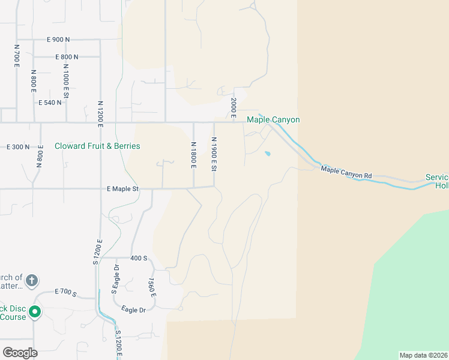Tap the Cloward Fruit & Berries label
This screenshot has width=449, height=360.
pyautogui.click(x=97, y=146)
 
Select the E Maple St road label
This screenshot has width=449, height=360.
pyautogui.click(x=122, y=189)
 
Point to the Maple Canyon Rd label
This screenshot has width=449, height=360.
pyautogui.click(x=346, y=172)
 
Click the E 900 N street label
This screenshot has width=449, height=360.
pyautogui.click(x=58, y=40)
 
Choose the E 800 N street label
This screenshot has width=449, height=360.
pyautogui.click(x=66, y=57)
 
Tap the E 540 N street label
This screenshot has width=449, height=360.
pyautogui.click(x=50, y=103)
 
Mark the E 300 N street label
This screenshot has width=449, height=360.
pyautogui.click(x=18, y=147)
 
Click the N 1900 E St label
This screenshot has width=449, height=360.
pyautogui.click(x=214, y=154)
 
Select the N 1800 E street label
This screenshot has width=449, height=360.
pyautogui.click(x=193, y=155)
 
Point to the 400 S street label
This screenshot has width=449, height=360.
pyautogui.click(x=139, y=258)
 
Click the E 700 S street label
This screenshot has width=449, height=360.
pyautogui.click(x=65, y=292)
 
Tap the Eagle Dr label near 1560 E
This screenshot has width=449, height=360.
pyautogui.click(x=134, y=310)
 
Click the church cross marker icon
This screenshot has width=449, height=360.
pyautogui.click(x=32, y=280)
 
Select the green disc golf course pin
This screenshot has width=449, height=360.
pyautogui.click(x=35, y=311)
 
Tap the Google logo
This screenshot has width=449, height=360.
pyautogui.click(x=20, y=353)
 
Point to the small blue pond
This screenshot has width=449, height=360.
pyautogui.click(x=267, y=154)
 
